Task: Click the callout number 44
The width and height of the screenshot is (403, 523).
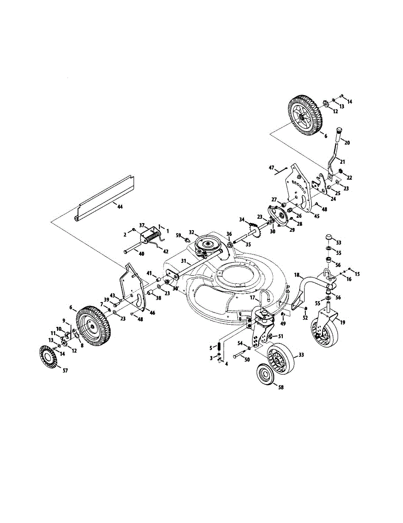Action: [x=120, y=206]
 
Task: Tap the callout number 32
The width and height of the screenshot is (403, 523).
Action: [x=191, y=232]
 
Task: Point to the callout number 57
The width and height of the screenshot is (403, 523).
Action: [x=65, y=370]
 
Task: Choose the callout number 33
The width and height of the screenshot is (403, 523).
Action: [x=300, y=355]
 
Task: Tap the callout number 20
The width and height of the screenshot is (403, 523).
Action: [x=347, y=143]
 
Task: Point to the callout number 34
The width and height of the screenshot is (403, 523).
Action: [x=242, y=219]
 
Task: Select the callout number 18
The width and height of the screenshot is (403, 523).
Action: [x=297, y=275]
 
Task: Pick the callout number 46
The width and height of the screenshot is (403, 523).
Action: [x=152, y=313]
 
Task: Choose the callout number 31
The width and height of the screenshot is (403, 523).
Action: [x=184, y=261]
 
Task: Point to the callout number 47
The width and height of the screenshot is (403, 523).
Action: [x=271, y=167]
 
